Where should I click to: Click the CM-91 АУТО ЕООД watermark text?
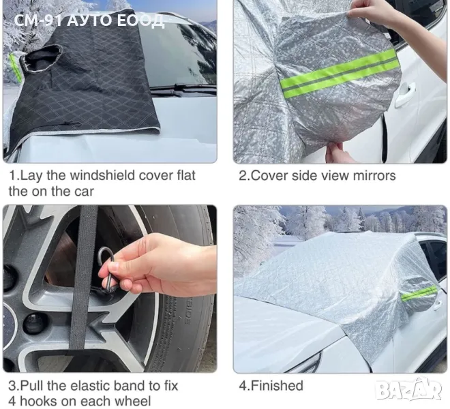(89, 20)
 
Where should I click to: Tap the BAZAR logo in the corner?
(408, 389)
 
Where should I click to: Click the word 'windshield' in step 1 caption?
(102, 175)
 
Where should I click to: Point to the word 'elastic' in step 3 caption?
(93, 386)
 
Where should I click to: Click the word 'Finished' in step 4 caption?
(277, 385)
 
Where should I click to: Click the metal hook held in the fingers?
(107, 270)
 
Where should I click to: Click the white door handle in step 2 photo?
(405, 95)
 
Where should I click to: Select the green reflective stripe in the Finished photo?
(419, 293)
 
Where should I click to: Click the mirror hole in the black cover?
(41, 59)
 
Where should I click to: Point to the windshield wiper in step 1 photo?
(183, 88)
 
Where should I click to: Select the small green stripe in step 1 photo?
(14, 68)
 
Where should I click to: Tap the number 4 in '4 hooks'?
(13, 401)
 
